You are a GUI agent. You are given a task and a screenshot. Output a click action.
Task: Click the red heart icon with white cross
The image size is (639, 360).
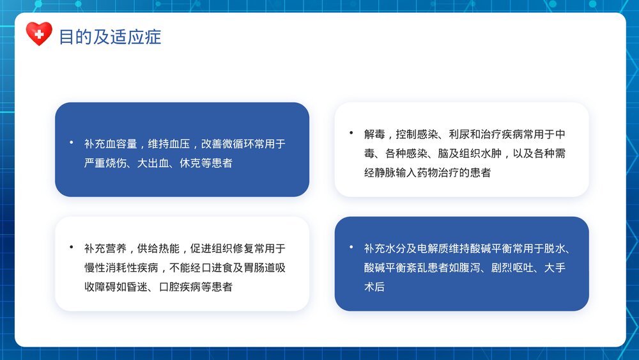(x=39, y=33)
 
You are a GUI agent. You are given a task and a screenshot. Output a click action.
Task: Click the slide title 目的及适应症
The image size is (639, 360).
(x=110, y=36)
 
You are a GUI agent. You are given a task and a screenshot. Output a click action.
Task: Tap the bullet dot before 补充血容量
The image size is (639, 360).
(x=71, y=142)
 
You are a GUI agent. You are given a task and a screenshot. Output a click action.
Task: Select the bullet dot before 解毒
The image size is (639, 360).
(x=351, y=132)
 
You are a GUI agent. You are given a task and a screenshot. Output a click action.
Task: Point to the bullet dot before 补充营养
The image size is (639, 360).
(x=71, y=247)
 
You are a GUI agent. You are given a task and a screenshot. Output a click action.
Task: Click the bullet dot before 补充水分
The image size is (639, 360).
(x=351, y=247)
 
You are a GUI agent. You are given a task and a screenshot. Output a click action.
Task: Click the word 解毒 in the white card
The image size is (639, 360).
(x=374, y=134)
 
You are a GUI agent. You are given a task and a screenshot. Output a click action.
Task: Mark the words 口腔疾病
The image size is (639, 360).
(x=180, y=287)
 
